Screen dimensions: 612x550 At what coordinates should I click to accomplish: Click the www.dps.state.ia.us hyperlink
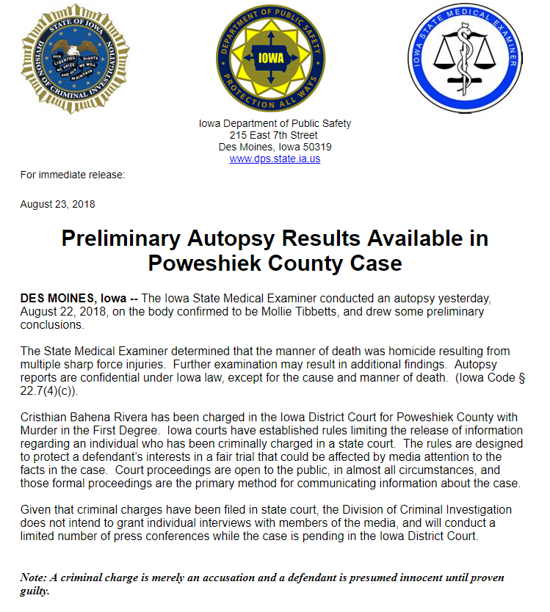click(275, 159)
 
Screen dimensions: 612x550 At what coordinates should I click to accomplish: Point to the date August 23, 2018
click(57, 204)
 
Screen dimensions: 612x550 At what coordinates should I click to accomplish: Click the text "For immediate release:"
click(72, 175)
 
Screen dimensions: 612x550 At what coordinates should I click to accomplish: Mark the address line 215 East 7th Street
click(274, 135)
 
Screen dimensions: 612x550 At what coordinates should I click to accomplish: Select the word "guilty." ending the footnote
click(35, 590)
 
